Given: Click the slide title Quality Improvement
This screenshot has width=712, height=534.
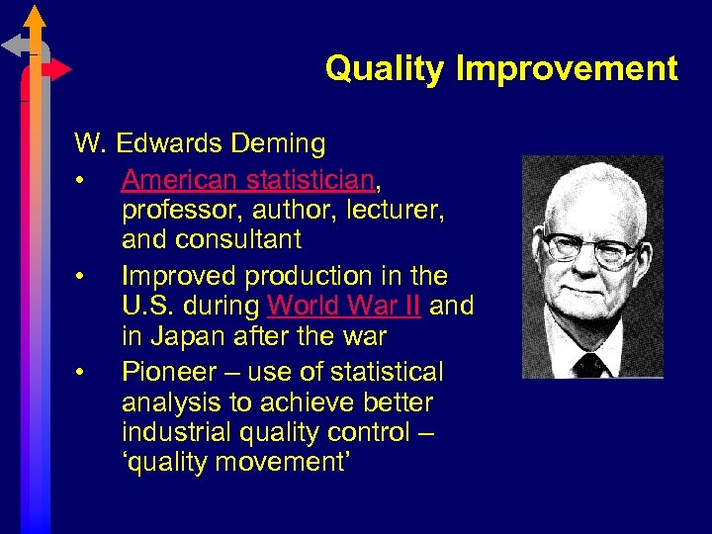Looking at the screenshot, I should tap(501, 69).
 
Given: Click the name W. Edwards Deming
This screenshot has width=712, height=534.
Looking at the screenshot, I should tap(200, 144).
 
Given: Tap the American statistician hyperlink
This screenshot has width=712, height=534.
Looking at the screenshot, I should tap(248, 180).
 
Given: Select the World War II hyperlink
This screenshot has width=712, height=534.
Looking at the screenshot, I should tap(344, 306).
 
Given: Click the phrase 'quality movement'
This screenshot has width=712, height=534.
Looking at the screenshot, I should tap(233, 463).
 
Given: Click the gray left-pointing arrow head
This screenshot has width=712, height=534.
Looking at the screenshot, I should tap(13, 44).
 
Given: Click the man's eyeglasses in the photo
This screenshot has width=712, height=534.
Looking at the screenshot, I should tap(591, 247).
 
